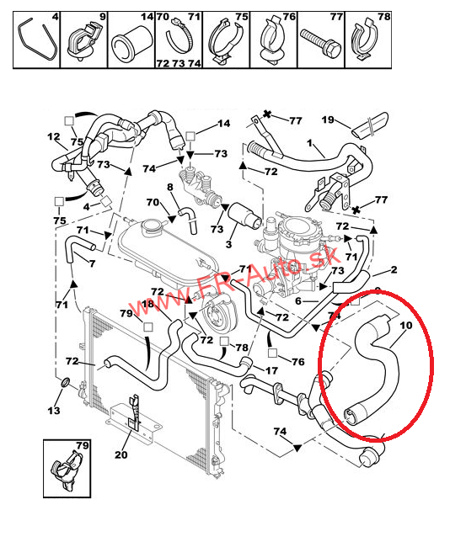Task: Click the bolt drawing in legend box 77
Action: tap(321, 45)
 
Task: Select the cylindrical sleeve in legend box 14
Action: tap(132, 44)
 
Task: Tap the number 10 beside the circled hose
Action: tap(406, 325)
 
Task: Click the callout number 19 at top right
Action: tap(328, 120)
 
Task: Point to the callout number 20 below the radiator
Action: tap(121, 454)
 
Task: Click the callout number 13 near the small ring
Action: tap(54, 411)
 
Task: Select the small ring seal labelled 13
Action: tap(66, 382)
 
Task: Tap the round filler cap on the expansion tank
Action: tap(153, 227)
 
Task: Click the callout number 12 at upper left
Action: tap(54, 136)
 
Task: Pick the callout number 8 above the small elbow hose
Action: tap(170, 188)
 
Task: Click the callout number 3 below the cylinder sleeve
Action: tap(228, 244)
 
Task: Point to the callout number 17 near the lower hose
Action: tap(271, 370)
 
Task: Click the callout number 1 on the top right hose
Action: tap(309, 143)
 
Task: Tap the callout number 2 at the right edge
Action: tap(394, 269)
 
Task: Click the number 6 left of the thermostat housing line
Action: tap(298, 301)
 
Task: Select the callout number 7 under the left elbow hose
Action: tap(92, 263)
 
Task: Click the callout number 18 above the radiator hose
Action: tap(147, 304)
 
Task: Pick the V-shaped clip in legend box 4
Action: tap(38, 40)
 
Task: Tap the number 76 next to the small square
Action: tap(297, 362)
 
